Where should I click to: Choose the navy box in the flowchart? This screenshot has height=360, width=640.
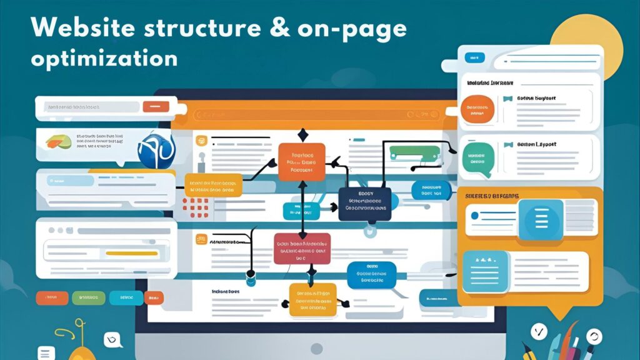[364, 203]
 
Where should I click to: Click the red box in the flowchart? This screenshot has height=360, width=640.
[301, 248]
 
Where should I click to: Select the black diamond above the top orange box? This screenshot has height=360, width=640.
[303, 134]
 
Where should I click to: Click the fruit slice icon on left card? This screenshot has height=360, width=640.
[57, 142]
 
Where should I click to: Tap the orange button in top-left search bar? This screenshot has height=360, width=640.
[156, 106]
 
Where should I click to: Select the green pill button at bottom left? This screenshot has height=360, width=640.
[88, 298]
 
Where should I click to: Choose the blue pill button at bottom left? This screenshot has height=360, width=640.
[126, 298]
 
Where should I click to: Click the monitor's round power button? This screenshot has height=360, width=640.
[317, 349]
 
